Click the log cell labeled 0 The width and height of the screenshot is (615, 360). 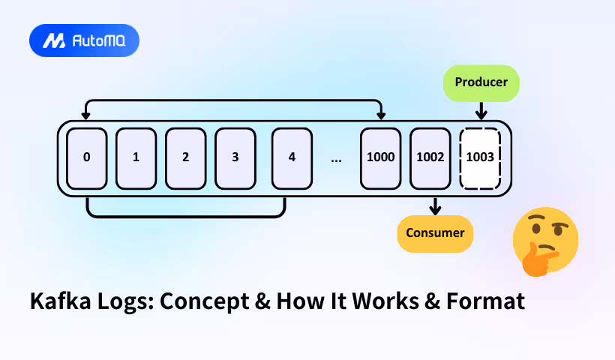pyautogui.click(x=87, y=158)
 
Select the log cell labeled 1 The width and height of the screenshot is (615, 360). pyautogui.click(x=136, y=158)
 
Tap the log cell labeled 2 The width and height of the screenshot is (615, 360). pyautogui.click(x=185, y=158)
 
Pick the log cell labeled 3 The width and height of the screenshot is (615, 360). pyautogui.click(x=235, y=158)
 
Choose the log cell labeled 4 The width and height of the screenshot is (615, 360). pyautogui.click(x=292, y=158)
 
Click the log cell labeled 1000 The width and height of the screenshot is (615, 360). pyautogui.click(x=380, y=158)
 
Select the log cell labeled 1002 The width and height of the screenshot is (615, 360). pyautogui.click(x=430, y=158)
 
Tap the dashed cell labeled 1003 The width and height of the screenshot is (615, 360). pyautogui.click(x=479, y=158)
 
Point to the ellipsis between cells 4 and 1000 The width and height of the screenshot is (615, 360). pyautogui.click(x=336, y=159)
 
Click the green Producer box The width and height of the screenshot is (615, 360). pyautogui.click(x=480, y=83)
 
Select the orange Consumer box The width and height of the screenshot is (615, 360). pyautogui.click(x=435, y=232)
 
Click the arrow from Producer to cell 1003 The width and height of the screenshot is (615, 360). pyautogui.click(x=480, y=110)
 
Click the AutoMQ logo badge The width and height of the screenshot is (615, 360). pyautogui.click(x=84, y=40)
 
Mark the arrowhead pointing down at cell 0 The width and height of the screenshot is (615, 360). pyautogui.click(x=87, y=115)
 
